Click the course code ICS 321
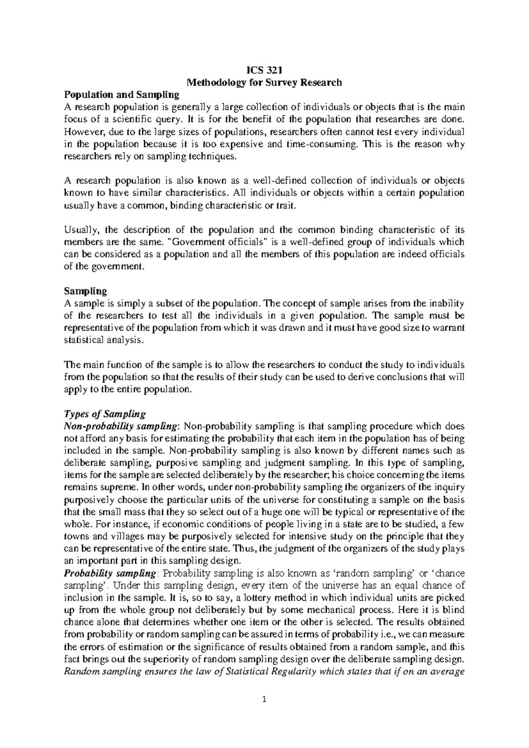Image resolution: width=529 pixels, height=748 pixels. pos(264,70)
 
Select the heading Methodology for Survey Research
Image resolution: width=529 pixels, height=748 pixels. pos(264,82)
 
